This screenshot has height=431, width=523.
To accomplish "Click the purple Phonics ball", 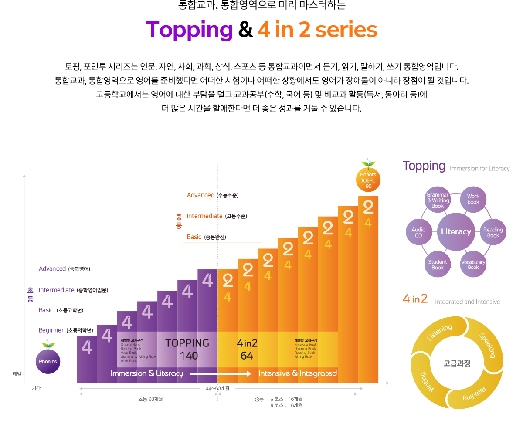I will tap(48, 361).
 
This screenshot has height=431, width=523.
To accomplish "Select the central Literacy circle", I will tap(456, 232).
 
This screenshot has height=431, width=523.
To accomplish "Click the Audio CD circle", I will tap(418, 232).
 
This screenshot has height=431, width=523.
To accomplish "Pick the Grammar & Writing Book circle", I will tap(438, 200).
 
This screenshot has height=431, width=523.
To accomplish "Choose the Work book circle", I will tap(473, 199).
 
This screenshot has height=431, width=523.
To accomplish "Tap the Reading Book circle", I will tap(493, 232).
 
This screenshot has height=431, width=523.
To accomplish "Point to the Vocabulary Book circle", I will tap(473, 265).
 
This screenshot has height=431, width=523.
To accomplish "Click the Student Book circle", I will tap(438, 265).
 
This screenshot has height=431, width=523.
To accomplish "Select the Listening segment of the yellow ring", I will tap(439, 333).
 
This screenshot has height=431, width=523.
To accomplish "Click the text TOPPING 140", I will tap(187, 350).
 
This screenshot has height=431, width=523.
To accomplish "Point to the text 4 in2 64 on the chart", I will tap(247, 350).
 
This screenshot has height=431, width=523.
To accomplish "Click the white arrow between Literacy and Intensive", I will tap(221, 373).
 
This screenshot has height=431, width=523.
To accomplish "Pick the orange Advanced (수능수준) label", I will tap(213, 195).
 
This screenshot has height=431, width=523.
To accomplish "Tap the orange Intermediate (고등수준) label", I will tap(217, 216).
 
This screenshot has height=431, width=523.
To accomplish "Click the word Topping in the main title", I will tap(190, 30).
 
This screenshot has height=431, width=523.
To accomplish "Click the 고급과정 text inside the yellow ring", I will tap(457, 363).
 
